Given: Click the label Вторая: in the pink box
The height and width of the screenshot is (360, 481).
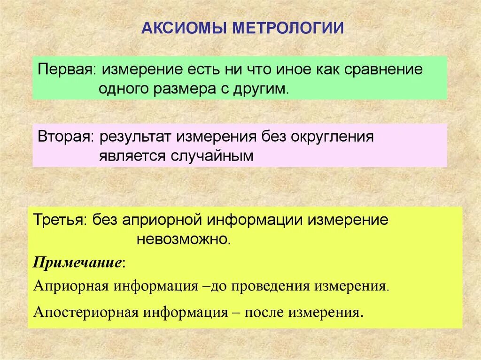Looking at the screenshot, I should click(x=65, y=137).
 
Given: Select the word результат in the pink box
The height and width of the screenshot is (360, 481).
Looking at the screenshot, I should click(x=136, y=137).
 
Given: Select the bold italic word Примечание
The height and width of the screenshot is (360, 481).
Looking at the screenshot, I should click(x=78, y=262).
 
